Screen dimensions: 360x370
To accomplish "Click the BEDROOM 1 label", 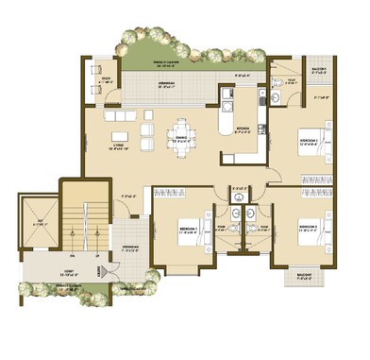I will (x=186, y=229).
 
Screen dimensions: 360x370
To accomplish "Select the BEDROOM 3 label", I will (x=308, y=227).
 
